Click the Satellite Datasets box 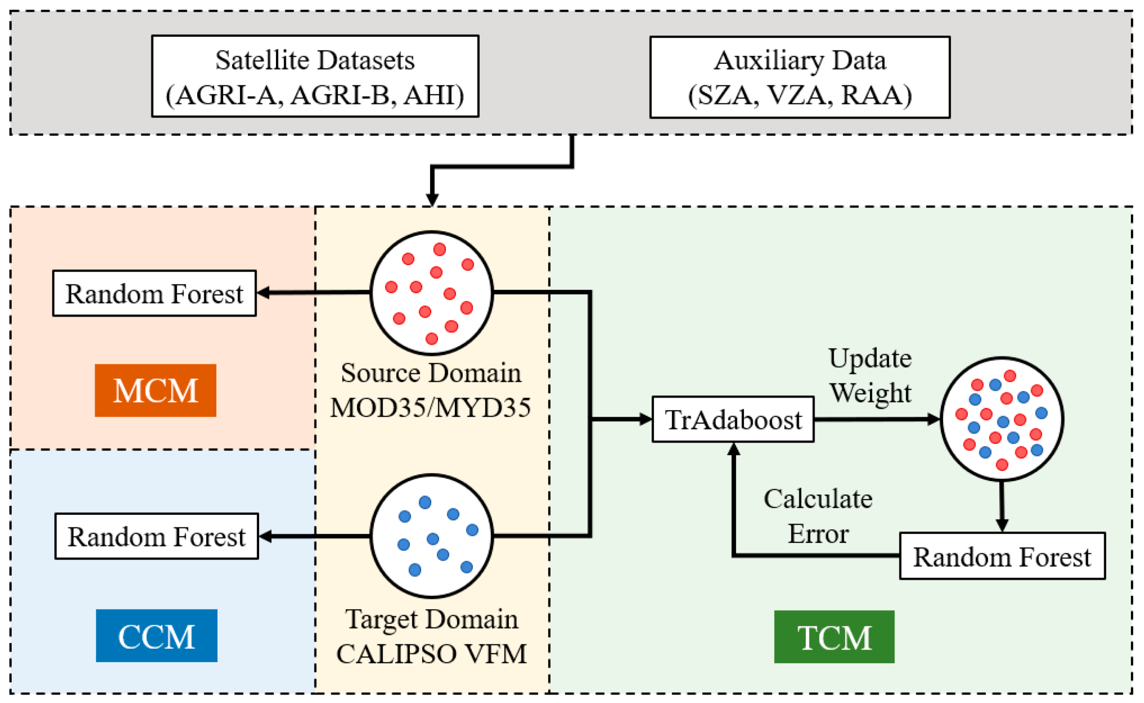point(315,76)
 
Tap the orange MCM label point(155,390)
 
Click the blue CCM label point(156,635)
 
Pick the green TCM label point(834,636)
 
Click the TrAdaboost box point(732,419)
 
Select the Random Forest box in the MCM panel point(154,293)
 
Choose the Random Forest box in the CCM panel point(156,535)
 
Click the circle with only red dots point(431,292)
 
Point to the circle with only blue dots point(431,535)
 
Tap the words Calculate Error point(817,515)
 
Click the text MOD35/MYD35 point(430,407)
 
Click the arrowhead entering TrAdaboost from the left point(645,419)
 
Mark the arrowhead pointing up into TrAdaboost point(733,449)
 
